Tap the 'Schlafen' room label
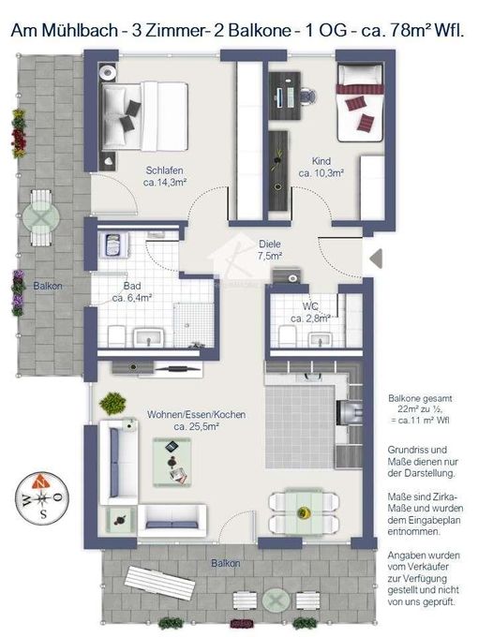click(164, 170)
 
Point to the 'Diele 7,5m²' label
click(270, 248)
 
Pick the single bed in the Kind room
click(360, 102)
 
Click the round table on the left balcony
click(41, 214)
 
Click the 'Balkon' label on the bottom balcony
click(226, 563)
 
